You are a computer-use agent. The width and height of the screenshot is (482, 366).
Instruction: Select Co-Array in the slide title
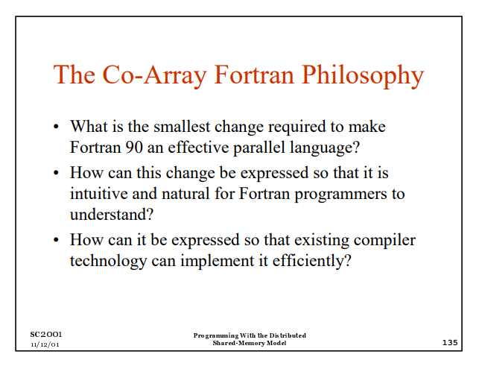pyautogui.click(x=135, y=75)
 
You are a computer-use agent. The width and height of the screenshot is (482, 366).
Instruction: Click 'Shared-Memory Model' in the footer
pyautogui.click(x=249, y=343)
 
